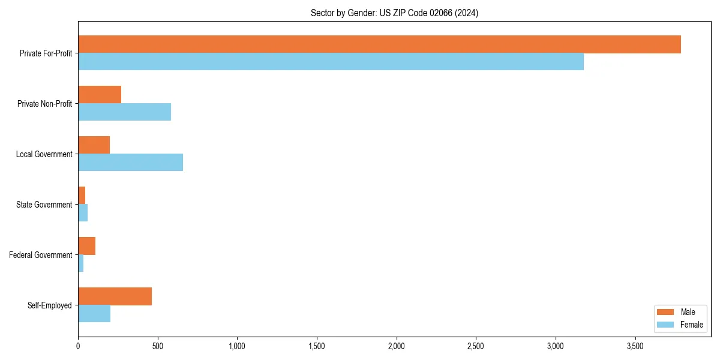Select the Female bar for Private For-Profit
(331, 62)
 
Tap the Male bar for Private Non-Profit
(100, 95)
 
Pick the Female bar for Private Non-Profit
(124, 112)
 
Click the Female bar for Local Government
(130, 163)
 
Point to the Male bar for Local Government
(94, 145)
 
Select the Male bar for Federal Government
(86, 246)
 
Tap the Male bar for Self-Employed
(115, 296)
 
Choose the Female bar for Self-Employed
(94, 314)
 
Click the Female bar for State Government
(83, 213)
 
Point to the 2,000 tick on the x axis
(397, 346)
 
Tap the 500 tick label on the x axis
(158, 346)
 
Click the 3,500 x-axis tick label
(635, 346)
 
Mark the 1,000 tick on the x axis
(237, 346)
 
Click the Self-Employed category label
(50, 305)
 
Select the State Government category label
(44, 205)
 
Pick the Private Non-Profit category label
(45, 104)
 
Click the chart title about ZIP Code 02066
(394, 13)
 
